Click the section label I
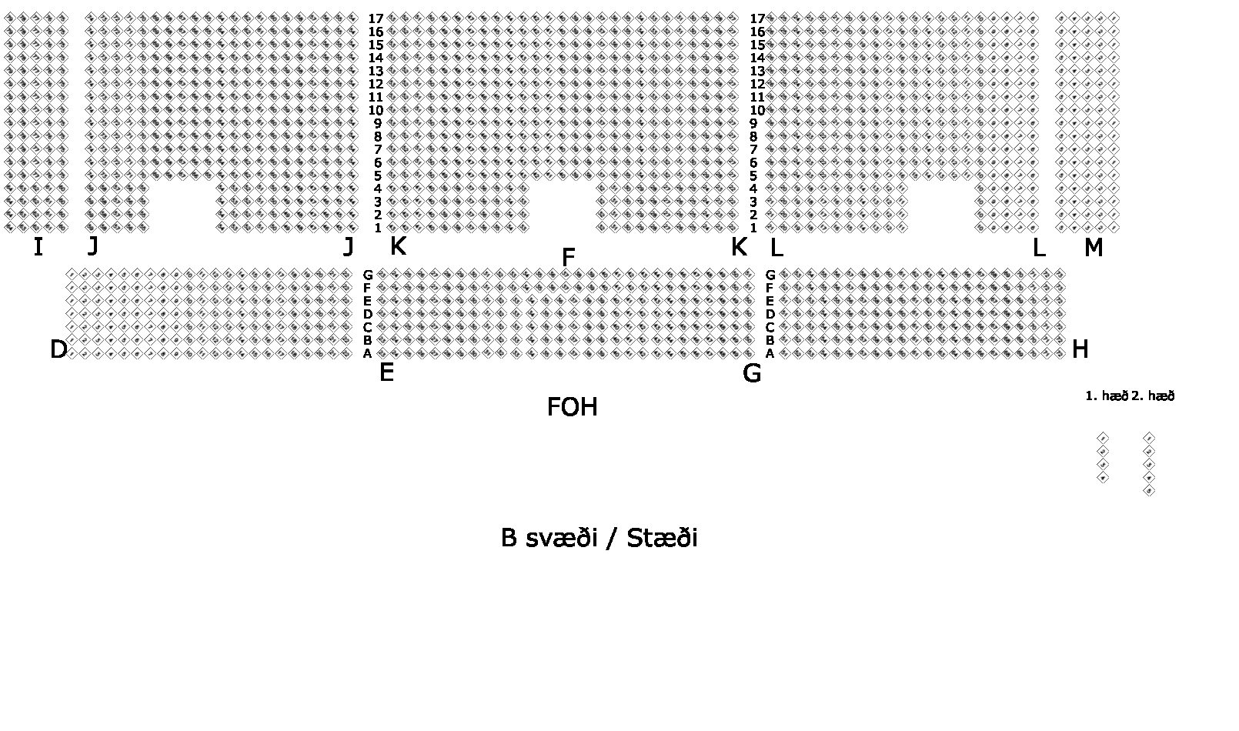(x=38, y=248)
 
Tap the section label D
(x=58, y=350)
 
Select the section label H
(x=1080, y=350)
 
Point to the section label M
(x=1093, y=248)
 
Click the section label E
(x=386, y=373)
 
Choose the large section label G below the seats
(x=752, y=374)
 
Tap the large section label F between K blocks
(x=569, y=258)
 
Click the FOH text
(x=572, y=407)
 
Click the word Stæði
(x=662, y=538)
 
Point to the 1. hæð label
(x=1106, y=396)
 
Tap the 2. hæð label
(x=1154, y=396)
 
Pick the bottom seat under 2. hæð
(x=1149, y=491)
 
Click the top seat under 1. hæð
(x=1103, y=438)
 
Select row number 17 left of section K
(x=376, y=18)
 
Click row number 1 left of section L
(x=753, y=228)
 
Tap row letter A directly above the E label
(x=368, y=354)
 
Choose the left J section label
(x=93, y=246)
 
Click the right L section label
(x=1038, y=248)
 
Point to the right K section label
(x=738, y=247)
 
